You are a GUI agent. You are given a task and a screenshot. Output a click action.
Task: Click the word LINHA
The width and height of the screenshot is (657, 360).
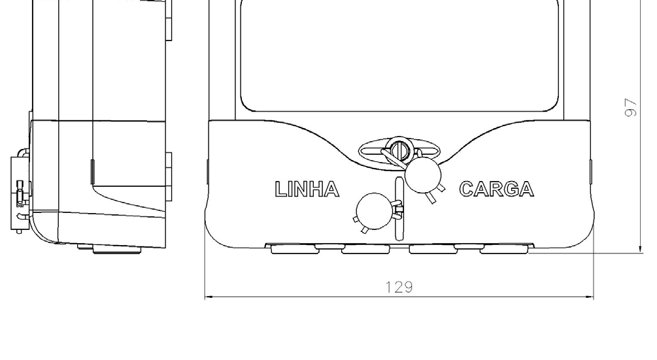click(307, 189)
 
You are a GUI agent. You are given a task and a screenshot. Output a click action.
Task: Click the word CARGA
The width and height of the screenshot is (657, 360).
click(497, 189)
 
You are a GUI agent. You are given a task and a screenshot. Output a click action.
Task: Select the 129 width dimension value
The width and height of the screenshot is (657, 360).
click(399, 287)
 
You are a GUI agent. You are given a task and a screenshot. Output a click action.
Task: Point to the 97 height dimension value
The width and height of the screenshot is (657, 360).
click(630, 108)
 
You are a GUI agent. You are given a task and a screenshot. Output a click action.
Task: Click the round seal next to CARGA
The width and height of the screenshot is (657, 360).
click(423, 175)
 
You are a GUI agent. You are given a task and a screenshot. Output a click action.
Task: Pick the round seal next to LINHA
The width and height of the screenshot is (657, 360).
click(374, 212)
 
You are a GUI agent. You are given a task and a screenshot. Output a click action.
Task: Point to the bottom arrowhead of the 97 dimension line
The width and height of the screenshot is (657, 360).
click(641, 248)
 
